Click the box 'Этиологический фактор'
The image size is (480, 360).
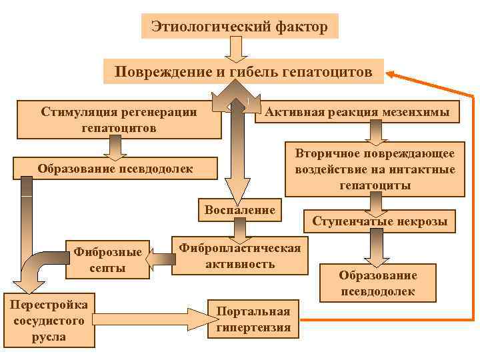coord(239,27)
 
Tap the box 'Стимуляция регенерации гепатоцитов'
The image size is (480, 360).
coord(119,119)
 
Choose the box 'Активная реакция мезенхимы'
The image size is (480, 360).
coord(357,111)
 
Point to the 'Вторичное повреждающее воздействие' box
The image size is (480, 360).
coord(375,169)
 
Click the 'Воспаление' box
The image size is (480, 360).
coord(240,211)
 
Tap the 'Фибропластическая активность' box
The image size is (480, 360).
coord(240,255)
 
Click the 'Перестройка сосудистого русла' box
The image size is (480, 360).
coord(49,321)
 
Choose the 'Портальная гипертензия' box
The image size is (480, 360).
coord(254,319)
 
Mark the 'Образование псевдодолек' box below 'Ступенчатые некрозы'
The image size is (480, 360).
coord(378,283)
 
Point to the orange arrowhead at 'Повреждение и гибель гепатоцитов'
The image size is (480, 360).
coord(393,74)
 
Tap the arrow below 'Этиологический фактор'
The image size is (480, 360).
coord(237,49)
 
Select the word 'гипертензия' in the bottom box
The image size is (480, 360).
coord(254,327)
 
